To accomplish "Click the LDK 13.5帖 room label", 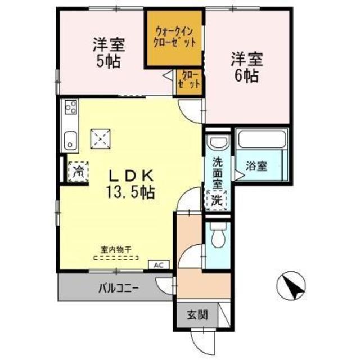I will click(130, 183).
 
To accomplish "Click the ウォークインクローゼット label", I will click(175, 37).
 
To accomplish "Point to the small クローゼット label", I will click(190, 79).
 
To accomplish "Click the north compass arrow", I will click(292, 286).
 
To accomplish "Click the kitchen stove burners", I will click(71, 106).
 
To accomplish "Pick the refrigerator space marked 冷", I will click(78, 170).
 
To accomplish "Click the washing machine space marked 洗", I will click(217, 199).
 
